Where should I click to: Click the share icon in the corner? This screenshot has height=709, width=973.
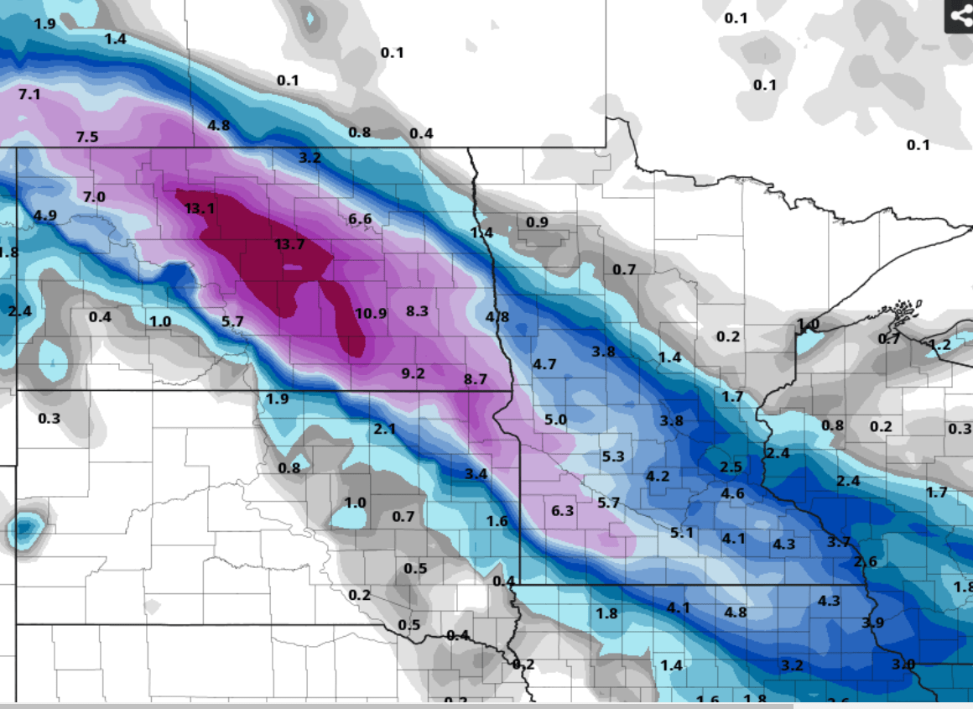click(959, 17)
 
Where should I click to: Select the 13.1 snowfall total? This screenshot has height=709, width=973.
click(200, 208)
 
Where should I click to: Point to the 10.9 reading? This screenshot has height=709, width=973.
click(371, 313)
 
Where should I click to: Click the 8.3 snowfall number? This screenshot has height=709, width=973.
click(417, 311)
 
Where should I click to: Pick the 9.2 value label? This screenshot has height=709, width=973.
click(414, 373)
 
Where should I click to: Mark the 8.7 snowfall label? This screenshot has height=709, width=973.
click(475, 379)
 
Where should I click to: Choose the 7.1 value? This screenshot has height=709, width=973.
click(29, 94)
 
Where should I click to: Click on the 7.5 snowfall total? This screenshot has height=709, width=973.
click(87, 137)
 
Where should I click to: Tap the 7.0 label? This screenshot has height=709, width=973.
click(94, 196)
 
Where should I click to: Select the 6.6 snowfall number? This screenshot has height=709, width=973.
click(360, 219)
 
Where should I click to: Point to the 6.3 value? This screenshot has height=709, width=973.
click(562, 510)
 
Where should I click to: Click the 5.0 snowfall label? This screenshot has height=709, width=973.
click(555, 420)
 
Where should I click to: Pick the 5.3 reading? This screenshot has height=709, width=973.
click(613, 456)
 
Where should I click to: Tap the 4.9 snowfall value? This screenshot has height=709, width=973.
click(45, 216)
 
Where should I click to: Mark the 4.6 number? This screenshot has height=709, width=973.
click(732, 493)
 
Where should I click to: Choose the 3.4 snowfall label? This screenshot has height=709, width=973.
click(476, 474)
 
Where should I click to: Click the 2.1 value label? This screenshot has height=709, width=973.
click(384, 429)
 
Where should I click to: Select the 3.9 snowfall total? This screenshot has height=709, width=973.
click(873, 623)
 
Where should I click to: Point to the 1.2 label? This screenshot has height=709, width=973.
click(940, 345)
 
